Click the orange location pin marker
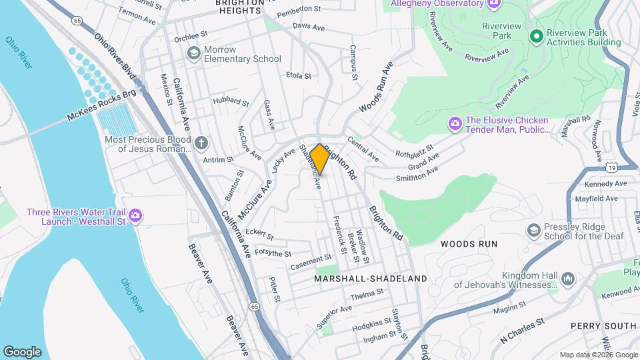(x=319, y=159)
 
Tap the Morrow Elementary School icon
(x=194, y=53)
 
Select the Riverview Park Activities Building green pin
(x=535, y=36)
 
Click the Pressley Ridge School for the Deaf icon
(x=533, y=231)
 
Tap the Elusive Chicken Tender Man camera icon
(x=455, y=123)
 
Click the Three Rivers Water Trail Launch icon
(x=135, y=215)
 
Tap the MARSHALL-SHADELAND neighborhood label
(x=371, y=279)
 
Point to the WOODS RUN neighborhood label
(x=469, y=244)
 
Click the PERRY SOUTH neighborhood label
(x=603, y=326)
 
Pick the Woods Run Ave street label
(x=377, y=87)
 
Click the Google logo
(x=22, y=351)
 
